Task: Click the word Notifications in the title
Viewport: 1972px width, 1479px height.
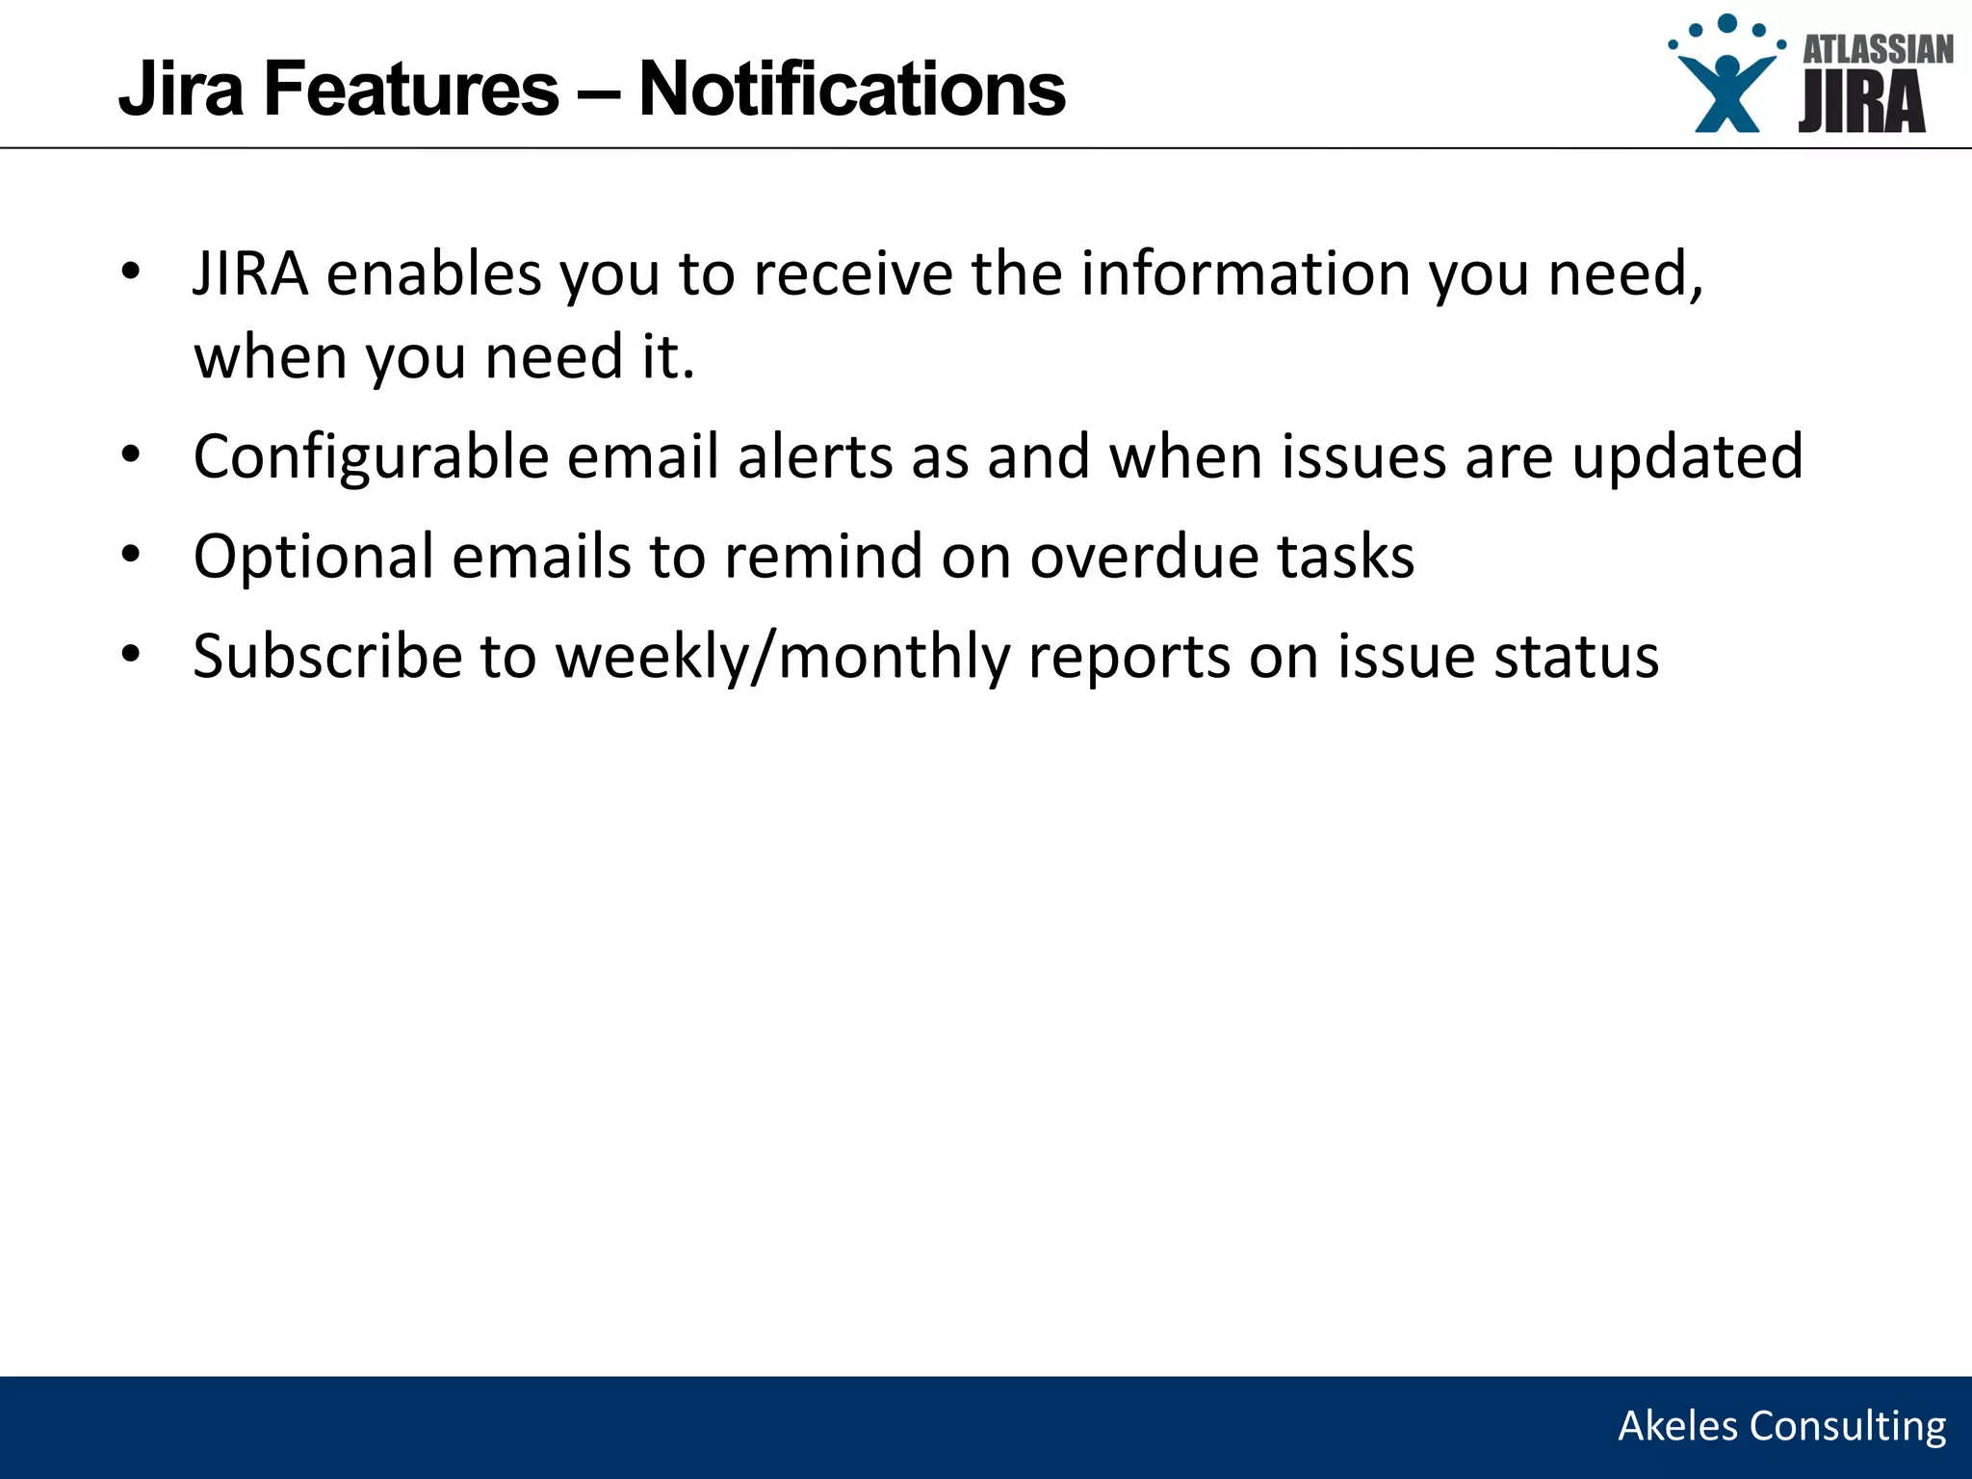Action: pyautogui.click(x=852, y=89)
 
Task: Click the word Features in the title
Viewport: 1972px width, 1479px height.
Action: pyautogui.click(x=411, y=89)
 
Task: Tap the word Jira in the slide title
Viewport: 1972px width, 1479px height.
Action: pyautogui.click(x=181, y=89)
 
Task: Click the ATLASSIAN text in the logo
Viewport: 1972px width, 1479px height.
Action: pyautogui.click(x=1878, y=50)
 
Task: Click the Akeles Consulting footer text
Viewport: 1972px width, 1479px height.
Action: pyautogui.click(x=1781, y=1426)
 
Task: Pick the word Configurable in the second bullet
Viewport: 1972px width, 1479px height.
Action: pyautogui.click(x=371, y=456)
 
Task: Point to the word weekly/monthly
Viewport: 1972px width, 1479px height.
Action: pyautogui.click(x=782, y=657)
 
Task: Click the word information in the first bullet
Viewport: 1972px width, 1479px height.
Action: pyautogui.click(x=1244, y=273)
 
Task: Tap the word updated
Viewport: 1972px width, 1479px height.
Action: pyautogui.click(x=1687, y=456)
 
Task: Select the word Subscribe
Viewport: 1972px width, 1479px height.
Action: pyautogui.click(x=327, y=657)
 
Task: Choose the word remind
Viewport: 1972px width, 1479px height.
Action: pyautogui.click(x=823, y=557)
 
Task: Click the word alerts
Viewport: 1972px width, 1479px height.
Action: pyautogui.click(x=815, y=456)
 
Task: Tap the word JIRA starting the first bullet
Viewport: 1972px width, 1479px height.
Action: pyautogui.click(x=249, y=273)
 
